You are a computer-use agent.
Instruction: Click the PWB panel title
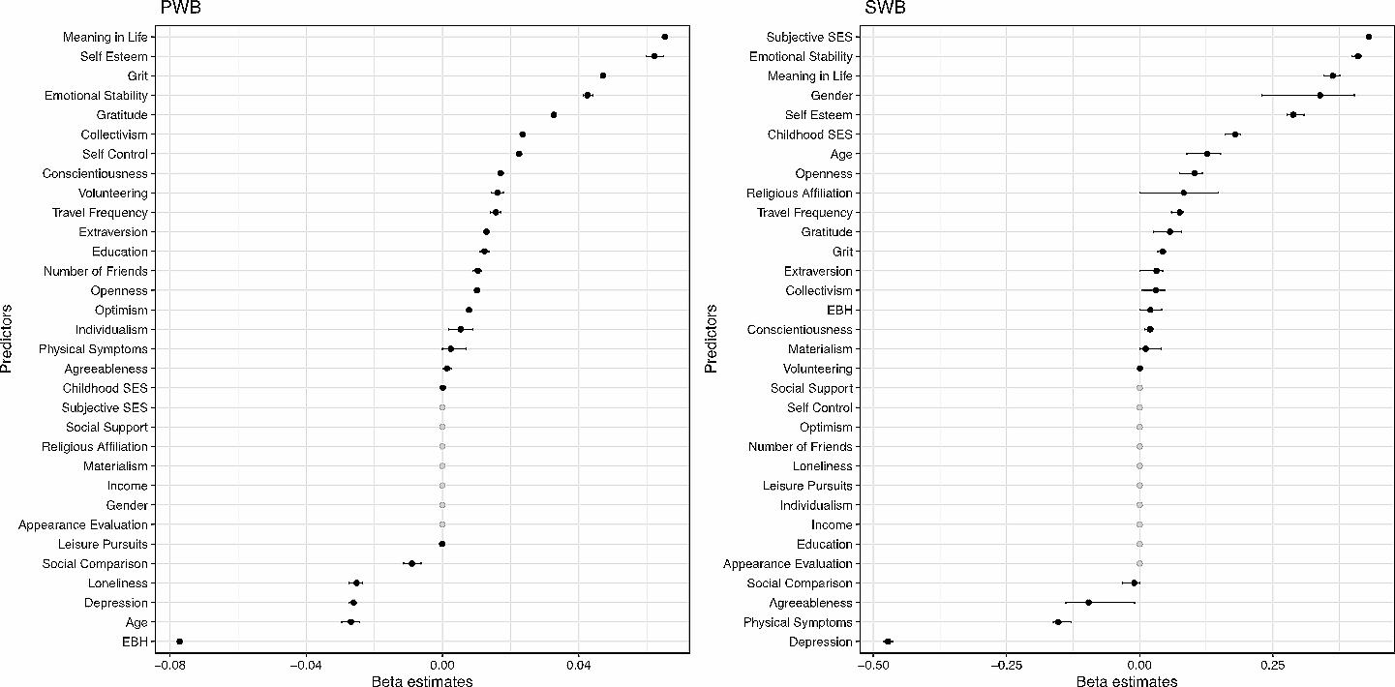(x=181, y=8)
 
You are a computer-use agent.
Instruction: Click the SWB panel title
(x=885, y=8)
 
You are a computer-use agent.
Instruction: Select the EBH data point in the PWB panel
(x=179, y=642)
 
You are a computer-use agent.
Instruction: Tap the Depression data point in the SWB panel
(x=888, y=642)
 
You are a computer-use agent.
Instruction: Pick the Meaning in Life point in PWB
(x=664, y=37)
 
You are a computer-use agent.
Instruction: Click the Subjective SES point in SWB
(x=1368, y=37)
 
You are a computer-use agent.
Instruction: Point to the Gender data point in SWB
(x=1319, y=95)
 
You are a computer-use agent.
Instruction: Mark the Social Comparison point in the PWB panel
(x=411, y=564)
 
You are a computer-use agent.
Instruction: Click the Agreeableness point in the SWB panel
(x=1088, y=603)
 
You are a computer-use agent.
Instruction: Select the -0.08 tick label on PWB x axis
(x=168, y=665)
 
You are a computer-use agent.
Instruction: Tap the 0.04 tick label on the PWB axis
(x=579, y=665)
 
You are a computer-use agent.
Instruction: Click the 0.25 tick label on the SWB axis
(x=1273, y=665)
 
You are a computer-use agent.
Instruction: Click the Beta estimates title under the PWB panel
(x=422, y=681)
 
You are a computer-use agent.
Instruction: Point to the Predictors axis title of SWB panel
(x=712, y=339)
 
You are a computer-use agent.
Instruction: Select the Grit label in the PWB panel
(x=137, y=75)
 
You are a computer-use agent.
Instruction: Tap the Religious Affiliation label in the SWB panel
(x=800, y=193)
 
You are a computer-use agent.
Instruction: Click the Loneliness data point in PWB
(x=356, y=583)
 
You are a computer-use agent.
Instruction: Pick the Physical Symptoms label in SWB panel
(x=798, y=622)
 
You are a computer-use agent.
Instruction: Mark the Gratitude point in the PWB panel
(x=554, y=114)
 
